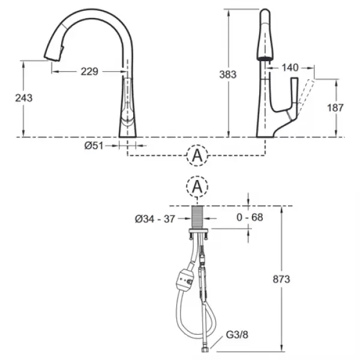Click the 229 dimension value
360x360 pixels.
89,71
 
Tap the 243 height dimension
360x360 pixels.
24,98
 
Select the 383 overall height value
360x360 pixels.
228,74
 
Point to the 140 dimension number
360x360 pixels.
290,67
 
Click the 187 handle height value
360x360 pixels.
335,107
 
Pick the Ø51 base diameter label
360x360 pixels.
94,146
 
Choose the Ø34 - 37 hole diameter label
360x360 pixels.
155,219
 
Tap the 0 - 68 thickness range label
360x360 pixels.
250,217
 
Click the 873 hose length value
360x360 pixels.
281,280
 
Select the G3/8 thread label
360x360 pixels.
237,335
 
